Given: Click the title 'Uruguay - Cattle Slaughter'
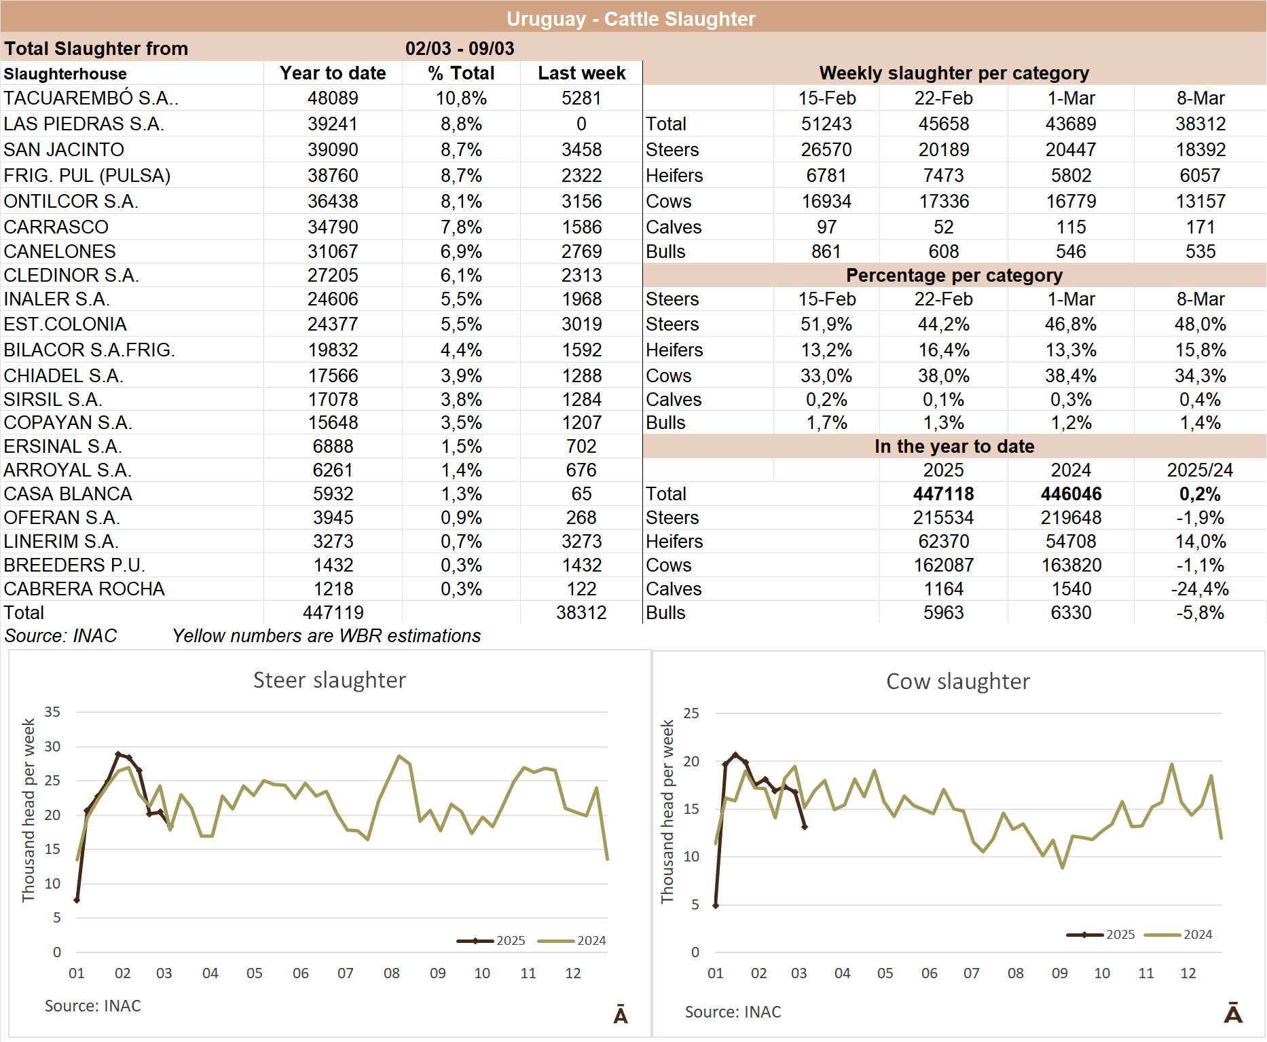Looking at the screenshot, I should [631, 19].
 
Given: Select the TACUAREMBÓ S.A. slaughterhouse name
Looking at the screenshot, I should [91, 98].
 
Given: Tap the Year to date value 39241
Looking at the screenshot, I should [333, 124].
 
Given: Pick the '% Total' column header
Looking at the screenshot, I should [461, 73].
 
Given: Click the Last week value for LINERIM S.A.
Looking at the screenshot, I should [581, 542].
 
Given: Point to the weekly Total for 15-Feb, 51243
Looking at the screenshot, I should [826, 124].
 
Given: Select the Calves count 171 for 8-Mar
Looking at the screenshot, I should [1200, 227].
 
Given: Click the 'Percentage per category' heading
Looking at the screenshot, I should [954, 276].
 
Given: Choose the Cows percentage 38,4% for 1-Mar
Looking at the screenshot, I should [1071, 376].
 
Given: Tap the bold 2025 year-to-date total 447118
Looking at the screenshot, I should [943, 494].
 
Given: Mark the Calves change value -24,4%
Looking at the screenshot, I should [1200, 589].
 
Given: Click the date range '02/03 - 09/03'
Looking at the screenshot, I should [460, 49].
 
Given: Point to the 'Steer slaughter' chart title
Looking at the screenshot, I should [329, 680].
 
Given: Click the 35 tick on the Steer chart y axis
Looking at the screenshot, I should [52, 712].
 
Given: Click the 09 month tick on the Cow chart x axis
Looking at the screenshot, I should [1059, 973].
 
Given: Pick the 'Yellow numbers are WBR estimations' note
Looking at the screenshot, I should [327, 636].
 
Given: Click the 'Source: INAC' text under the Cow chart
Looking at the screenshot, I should [733, 1012].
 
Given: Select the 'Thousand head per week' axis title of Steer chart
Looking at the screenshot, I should [29, 811].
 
